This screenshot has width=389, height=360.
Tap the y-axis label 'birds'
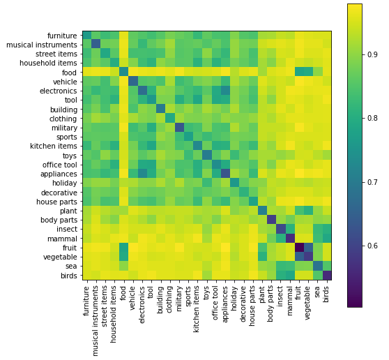coord(68,275)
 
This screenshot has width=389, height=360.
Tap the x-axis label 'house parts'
coord(253,304)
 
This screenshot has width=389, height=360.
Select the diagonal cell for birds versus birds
coord(327,275)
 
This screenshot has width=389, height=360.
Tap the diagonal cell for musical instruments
coord(96,45)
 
